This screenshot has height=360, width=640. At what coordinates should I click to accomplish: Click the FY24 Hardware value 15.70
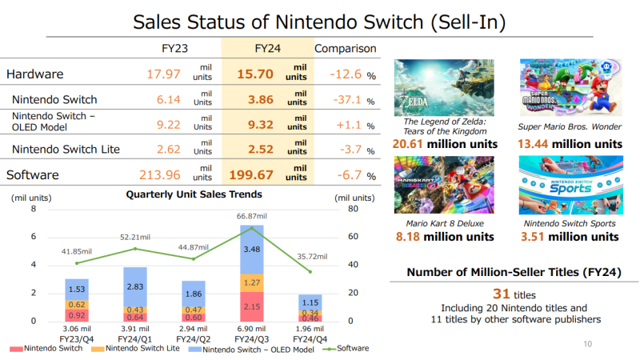[255, 74]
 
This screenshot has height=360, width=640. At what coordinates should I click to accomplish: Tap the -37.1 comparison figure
[347, 101]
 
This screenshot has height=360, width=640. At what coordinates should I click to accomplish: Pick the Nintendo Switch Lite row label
[63, 148]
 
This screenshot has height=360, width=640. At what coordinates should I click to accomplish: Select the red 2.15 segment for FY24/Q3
[251, 306]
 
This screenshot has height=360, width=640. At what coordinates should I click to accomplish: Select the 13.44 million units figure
[569, 144]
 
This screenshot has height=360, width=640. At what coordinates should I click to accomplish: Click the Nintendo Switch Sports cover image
[569, 185]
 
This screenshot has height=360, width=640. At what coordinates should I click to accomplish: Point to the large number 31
[502, 293]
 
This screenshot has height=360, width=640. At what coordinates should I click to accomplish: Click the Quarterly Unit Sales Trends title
[194, 194]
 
